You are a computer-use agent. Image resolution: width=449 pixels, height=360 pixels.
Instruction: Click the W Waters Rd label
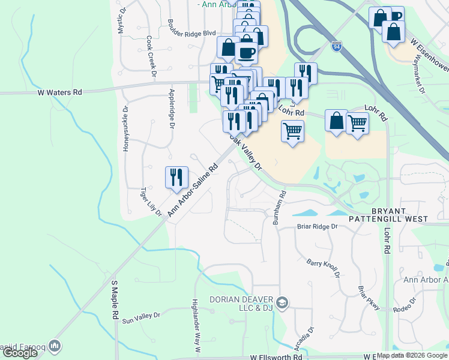pos(59,92)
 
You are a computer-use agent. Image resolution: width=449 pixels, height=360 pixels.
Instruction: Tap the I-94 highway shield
pos(337,45)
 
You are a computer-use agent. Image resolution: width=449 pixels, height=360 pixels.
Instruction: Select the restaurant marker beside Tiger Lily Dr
pos(176,177)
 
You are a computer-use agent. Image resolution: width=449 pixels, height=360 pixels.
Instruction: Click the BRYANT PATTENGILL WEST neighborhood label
pos(408,216)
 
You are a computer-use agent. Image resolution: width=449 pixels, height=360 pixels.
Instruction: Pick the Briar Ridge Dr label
pos(318,227)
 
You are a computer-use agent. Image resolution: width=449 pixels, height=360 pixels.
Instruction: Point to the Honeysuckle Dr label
pos(125,128)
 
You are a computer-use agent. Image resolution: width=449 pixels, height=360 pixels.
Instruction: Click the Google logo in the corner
pos(20,353)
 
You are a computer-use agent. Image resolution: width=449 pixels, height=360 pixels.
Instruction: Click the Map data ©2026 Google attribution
pos(412,355)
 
